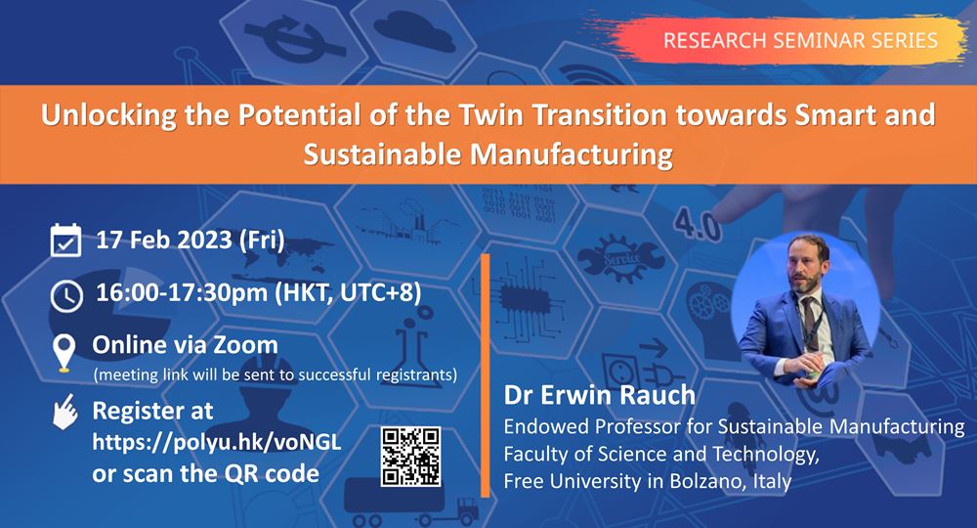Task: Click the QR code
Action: [409, 457]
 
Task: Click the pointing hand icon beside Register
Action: [64, 414]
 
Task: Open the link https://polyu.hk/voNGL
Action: [216, 441]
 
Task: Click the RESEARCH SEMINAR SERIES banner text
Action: [800, 40]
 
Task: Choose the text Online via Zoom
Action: [185, 344]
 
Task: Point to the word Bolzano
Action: [684, 481]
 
